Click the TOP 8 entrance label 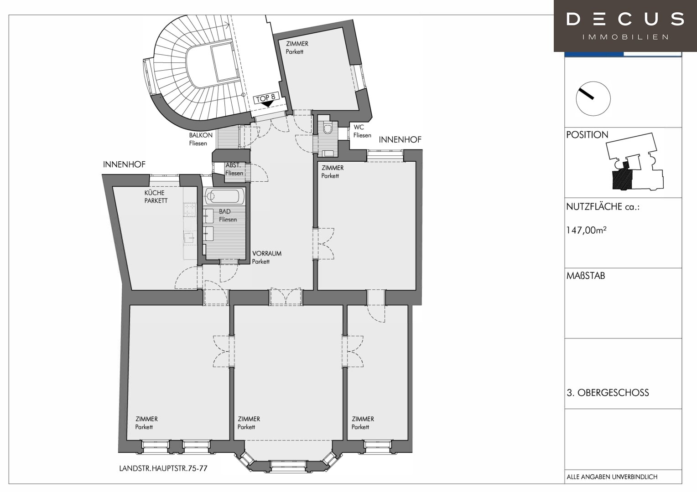click(x=265, y=98)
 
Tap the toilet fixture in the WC click(x=328, y=128)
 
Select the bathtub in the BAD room click(x=224, y=196)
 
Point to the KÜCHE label click(x=154, y=192)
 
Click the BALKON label click(x=201, y=135)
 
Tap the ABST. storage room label click(x=233, y=165)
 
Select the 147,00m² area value click(x=586, y=230)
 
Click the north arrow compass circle click(x=593, y=98)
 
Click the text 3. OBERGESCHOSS click(x=608, y=393)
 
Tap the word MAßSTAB click(x=586, y=276)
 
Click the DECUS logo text click(x=625, y=19)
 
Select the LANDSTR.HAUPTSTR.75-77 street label click(x=163, y=468)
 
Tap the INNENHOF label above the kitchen click(x=124, y=164)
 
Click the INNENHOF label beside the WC click(x=400, y=140)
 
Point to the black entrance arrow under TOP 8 click(x=267, y=104)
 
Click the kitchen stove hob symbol click(x=189, y=210)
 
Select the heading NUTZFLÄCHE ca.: click(x=603, y=207)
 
